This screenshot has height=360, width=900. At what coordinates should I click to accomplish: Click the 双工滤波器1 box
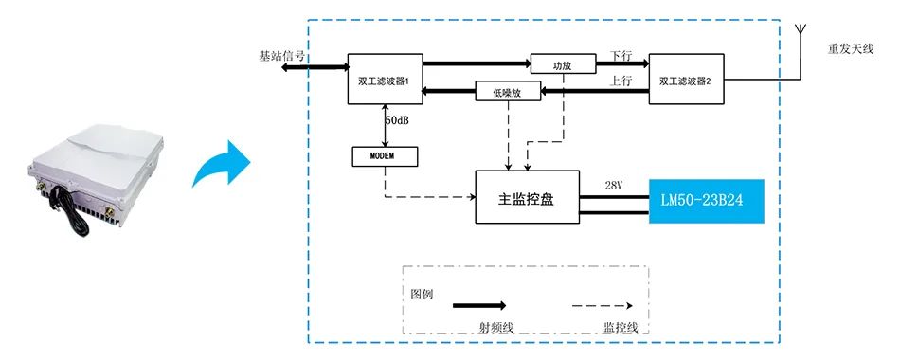pyautogui.click(x=386, y=80)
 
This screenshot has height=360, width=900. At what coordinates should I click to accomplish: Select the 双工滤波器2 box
pyautogui.click(x=687, y=80)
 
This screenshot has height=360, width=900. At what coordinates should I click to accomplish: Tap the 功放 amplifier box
pyautogui.click(x=563, y=64)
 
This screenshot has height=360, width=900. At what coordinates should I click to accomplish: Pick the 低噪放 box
pyautogui.click(x=509, y=91)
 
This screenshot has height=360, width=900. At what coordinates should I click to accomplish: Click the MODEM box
pyautogui.click(x=385, y=156)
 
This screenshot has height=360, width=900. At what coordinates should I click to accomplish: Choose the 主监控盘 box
pyautogui.click(x=528, y=197)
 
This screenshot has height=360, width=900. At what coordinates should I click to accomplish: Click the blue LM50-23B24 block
pyautogui.click(x=707, y=201)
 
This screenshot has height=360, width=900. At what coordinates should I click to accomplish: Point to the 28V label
pyautogui.click(x=614, y=185)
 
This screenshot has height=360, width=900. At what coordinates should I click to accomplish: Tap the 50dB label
pyautogui.click(x=397, y=121)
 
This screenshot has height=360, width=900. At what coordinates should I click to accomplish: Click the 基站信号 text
pyautogui.click(x=281, y=56)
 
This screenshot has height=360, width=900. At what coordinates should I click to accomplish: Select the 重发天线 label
pyautogui.click(x=851, y=49)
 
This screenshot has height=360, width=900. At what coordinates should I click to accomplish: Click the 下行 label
pyautogui.click(x=621, y=56)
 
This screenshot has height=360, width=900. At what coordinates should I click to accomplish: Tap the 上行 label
pyautogui.click(x=621, y=81)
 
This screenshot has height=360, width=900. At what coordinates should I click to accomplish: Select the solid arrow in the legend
pyautogui.click(x=479, y=305)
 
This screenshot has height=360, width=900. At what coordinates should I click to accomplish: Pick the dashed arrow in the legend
pyautogui.click(x=603, y=305)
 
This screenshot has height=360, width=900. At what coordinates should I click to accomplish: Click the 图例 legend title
pyautogui.click(x=422, y=295)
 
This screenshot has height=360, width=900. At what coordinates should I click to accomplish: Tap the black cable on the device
pyautogui.click(x=70, y=210)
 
